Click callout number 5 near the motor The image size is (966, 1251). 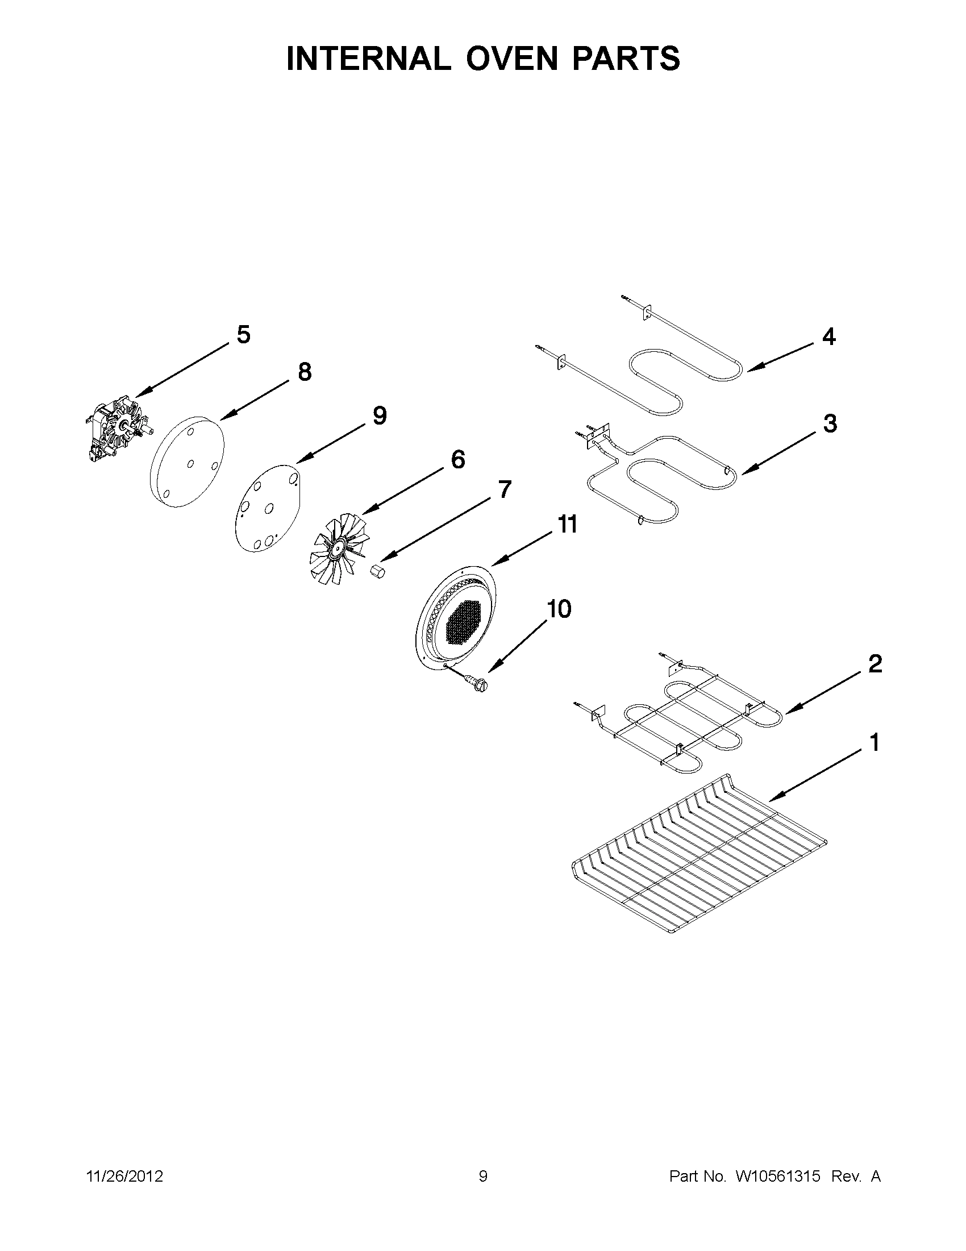coord(243,335)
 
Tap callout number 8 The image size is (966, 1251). coord(305,372)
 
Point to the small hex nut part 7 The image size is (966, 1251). coord(376,572)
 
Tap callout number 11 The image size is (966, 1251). coord(567,525)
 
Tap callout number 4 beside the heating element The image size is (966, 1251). coord(828,337)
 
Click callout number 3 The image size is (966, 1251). coord(830,424)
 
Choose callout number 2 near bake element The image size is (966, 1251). coord(875,664)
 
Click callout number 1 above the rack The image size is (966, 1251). coord(875,743)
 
